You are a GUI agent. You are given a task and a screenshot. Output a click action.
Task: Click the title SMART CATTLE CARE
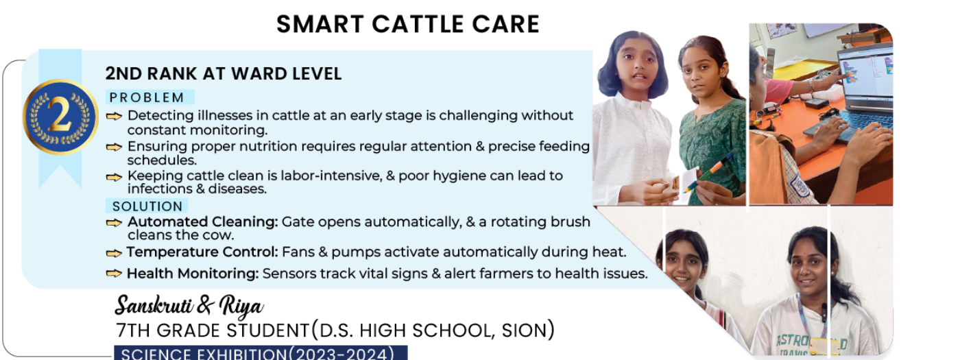point(407,24)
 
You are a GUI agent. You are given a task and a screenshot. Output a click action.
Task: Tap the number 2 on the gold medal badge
point(60,116)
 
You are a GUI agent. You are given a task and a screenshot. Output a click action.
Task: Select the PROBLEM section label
point(147,97)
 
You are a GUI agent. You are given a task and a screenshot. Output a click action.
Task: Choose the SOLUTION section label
point(147,206)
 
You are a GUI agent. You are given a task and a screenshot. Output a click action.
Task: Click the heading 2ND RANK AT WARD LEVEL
point(224,74)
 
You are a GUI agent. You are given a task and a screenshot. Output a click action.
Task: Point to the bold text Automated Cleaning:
point(203,221)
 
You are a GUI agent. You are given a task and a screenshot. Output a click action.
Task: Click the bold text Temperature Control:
point(202,252)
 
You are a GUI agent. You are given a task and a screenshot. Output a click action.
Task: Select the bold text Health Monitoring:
point(193,274)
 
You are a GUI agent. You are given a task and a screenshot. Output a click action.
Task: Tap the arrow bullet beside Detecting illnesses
point(114,116)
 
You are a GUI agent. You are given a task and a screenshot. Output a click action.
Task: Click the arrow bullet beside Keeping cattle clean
point(114,177)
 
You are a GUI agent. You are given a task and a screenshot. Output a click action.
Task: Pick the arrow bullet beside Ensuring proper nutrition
point(114,147)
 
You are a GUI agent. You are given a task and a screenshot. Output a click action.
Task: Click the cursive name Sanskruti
point(154,306)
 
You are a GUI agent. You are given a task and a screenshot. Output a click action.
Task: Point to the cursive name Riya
point(241,307)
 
